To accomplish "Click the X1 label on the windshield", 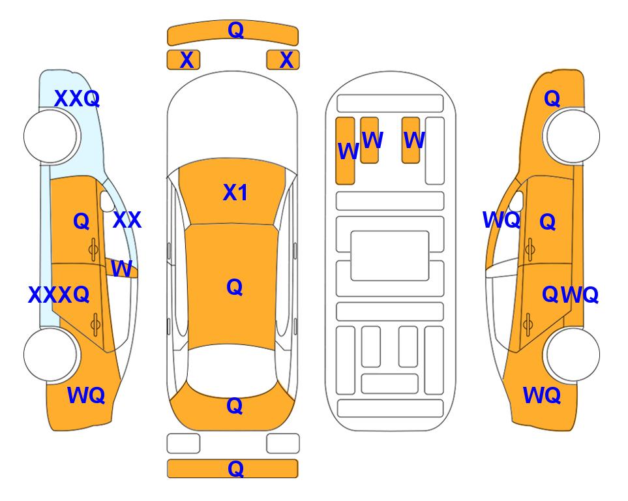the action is pos(235,192).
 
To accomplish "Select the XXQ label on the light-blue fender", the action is pos(77,99).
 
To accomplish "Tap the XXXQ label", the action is pos(59,295).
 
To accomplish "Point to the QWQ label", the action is pos(571,295).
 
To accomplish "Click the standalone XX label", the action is pos(127,220).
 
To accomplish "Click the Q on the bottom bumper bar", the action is pos(235,468).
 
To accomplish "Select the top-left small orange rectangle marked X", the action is pos(183,60).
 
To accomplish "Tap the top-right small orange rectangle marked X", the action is pos(283,60).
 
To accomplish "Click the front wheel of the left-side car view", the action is pos(50,136).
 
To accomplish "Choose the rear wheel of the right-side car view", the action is pos(573,354).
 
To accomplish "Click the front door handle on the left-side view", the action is pos(94,249).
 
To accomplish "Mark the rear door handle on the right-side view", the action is pos(528,324).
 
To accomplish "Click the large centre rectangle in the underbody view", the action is pos(390,256).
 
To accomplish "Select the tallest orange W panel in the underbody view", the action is pos(345,151).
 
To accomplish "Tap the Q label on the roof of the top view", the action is pos(235,287).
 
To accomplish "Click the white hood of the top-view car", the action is pos(232,116).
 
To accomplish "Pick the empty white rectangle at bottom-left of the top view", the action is pos(183,444).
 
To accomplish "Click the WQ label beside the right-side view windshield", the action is pos(501,220).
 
